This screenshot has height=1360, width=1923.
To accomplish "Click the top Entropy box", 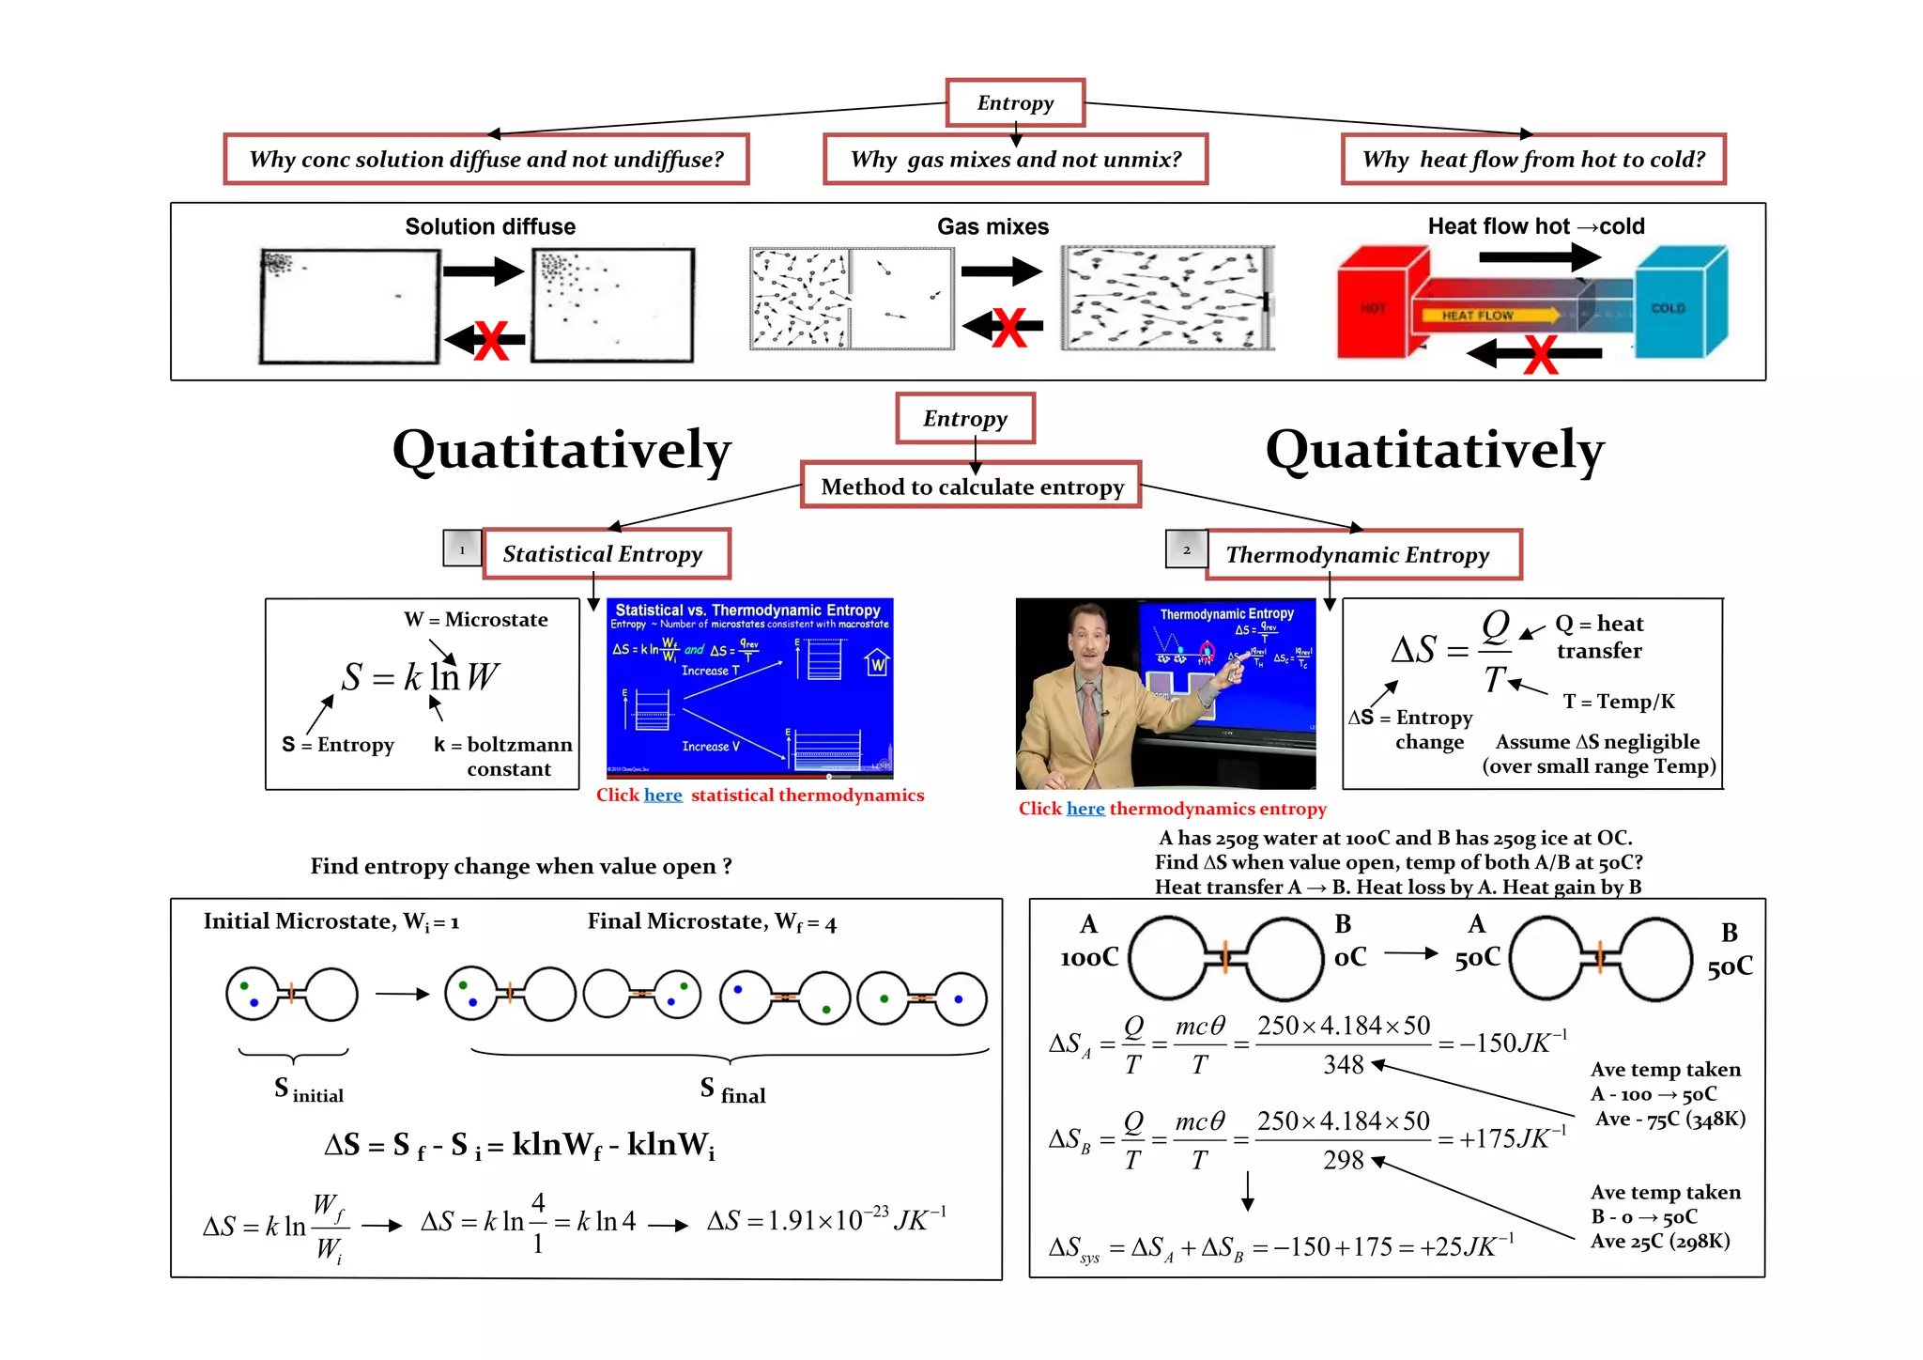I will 1015,103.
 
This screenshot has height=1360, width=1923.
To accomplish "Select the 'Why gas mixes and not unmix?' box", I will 1015,160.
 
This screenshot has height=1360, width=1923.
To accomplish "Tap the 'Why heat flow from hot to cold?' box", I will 1532,160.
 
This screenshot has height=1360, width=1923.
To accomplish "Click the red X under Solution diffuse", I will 490,340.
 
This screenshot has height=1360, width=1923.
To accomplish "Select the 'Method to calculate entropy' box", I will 971,487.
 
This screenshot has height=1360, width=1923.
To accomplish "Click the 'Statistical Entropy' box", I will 606,554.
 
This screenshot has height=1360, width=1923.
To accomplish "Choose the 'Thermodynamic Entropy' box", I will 1362,555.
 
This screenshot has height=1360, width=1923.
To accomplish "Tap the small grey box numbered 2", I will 1186,549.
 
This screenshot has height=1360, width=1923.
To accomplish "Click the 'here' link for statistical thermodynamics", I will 663,796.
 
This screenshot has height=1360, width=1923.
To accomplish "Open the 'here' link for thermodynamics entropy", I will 1085,809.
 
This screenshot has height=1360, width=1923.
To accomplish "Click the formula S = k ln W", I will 420,676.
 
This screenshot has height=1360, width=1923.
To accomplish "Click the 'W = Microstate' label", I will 476,620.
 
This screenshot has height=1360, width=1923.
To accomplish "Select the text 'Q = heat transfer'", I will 1599,637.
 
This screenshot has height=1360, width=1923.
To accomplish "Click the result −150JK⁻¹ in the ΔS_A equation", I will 1513,1043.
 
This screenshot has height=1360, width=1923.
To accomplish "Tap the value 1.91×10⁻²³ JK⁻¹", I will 826,1220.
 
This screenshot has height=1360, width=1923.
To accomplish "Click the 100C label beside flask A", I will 1089,957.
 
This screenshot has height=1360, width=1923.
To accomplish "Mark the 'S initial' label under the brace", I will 308,1090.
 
